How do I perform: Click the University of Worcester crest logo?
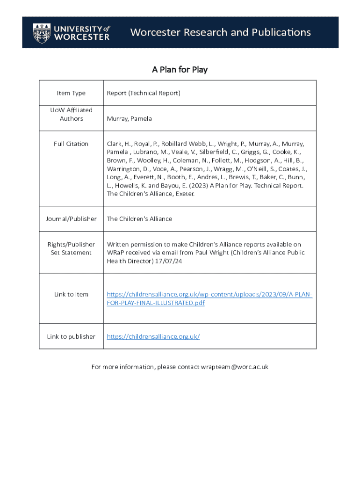click(42, 33)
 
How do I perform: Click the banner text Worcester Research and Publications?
click(220, 32)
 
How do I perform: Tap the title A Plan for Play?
click(180, 70)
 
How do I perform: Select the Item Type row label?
click(71, 93)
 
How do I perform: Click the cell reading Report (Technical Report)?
click(144, 93)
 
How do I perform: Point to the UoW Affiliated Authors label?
click(71, 114)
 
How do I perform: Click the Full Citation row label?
click(71, 144)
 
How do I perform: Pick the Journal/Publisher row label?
click(71, 218)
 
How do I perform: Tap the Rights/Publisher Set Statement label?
click(71, 248)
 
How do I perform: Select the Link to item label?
click(71, 294)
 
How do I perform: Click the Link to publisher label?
click(71, 336)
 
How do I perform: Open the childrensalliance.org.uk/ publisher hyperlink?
click(153, 336)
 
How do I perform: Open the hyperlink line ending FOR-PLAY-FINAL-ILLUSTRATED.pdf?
click(156, 303)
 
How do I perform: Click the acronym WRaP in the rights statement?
click(116, 253)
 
